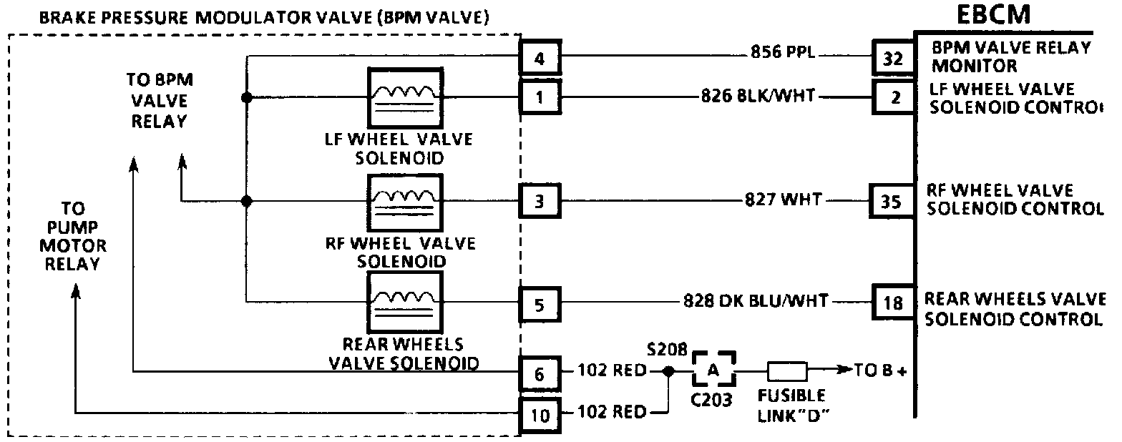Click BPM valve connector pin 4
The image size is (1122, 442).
[540, 59]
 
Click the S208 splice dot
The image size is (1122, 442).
[668, 372]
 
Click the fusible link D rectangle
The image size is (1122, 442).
[787, 371]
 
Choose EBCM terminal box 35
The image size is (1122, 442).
[891, 201]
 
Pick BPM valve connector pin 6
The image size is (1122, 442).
[540, 374]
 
